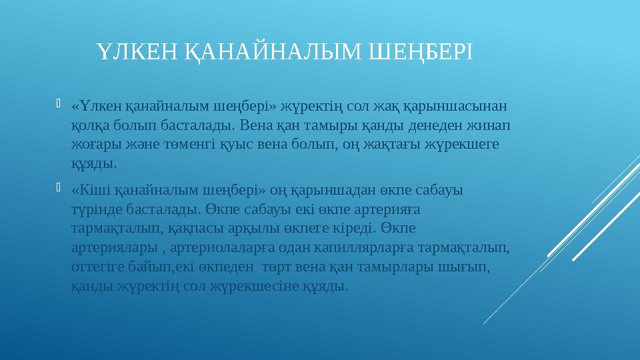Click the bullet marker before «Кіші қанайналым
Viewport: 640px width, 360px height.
pyautogui.click(x=59, y=188)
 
